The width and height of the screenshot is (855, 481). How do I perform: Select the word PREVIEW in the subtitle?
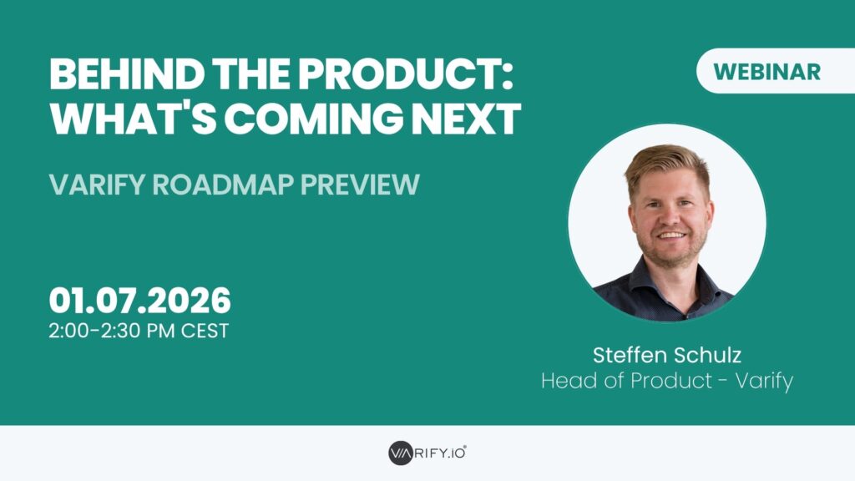click(x=361, y=185)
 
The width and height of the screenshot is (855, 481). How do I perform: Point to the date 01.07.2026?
click(x=139, y=301)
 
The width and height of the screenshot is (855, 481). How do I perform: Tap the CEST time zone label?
click(x=205, y=331)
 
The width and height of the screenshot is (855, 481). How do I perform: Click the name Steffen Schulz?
click(x=667, y=355)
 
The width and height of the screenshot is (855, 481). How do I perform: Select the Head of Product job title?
click(x=626, y=380)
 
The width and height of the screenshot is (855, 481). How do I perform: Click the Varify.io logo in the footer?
click(x=427, y=453)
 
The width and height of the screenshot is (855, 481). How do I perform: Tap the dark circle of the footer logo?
click(x=401, y=453)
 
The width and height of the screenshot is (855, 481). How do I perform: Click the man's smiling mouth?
click(x=672, y=235)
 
